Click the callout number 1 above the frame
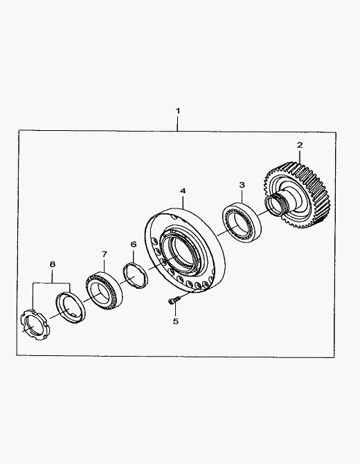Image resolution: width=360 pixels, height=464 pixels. coord(178,111)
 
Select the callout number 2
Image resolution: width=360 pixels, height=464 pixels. coord(300,145)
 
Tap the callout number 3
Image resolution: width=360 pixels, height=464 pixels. coord(242,185)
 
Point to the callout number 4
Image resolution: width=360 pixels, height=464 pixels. coord(183,191)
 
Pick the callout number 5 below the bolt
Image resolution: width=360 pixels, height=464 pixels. coord(176,321)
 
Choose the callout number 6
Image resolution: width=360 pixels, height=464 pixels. coord(134,244)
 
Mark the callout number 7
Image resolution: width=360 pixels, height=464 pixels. coord(104,254)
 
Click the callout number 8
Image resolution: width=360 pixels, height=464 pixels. coord(53,264)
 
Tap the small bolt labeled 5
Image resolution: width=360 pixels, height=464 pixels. coord(174,301)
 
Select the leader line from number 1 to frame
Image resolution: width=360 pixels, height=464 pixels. coord(177,123)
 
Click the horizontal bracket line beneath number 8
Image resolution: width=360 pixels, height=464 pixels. coord(52,283)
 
